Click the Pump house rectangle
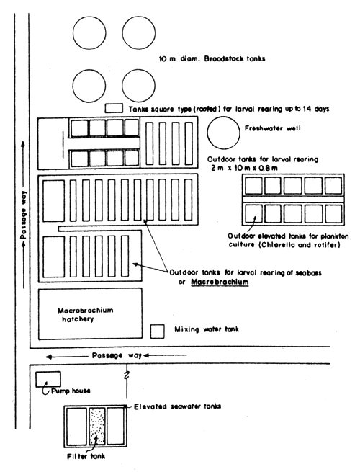click(49, 379)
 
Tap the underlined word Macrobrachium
click(208, 282)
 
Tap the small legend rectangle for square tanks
click(114, 108)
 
